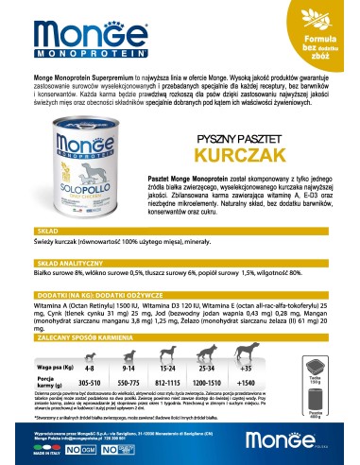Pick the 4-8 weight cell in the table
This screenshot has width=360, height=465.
(88, 365)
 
